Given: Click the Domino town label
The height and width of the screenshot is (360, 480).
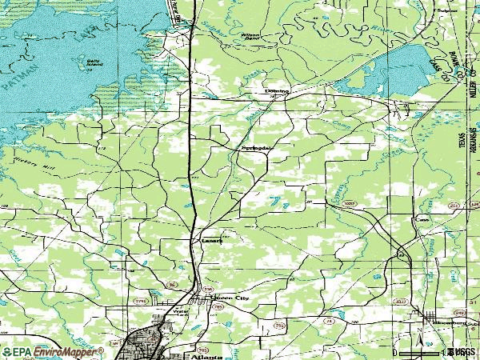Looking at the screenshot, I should [x=277, y=92].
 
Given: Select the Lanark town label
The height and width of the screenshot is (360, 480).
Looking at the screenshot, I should [x=211, y=239].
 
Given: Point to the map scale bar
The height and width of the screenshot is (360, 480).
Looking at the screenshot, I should [x=432, y=352].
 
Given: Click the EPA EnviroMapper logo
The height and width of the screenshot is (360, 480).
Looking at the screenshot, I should [x=53, y=351].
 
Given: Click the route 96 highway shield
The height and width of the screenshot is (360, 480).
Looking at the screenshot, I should [x=170, y=284].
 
